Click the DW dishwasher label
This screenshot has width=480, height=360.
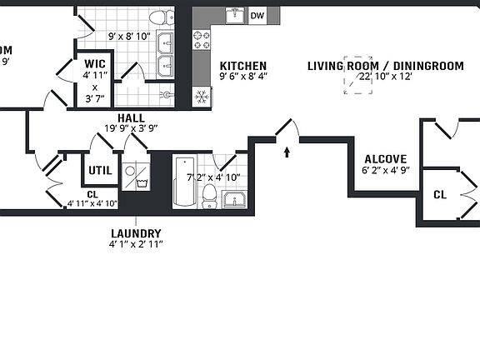[257, 16]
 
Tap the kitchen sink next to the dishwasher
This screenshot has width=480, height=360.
[234, 16]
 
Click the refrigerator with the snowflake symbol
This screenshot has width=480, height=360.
[201, 96]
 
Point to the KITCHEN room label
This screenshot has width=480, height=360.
[242, 66]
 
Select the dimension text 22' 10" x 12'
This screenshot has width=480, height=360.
[385, 77]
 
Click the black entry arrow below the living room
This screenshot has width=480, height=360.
[287, 152]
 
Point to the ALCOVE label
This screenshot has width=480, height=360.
[385, 159]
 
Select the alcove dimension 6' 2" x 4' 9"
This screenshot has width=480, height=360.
[385, 170]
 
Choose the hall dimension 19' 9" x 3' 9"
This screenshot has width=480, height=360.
[131, 128]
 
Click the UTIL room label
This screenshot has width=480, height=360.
[100, 170]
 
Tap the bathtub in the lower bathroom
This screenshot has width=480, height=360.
[183, 181]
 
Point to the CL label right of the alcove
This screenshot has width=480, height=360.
[439, 194]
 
